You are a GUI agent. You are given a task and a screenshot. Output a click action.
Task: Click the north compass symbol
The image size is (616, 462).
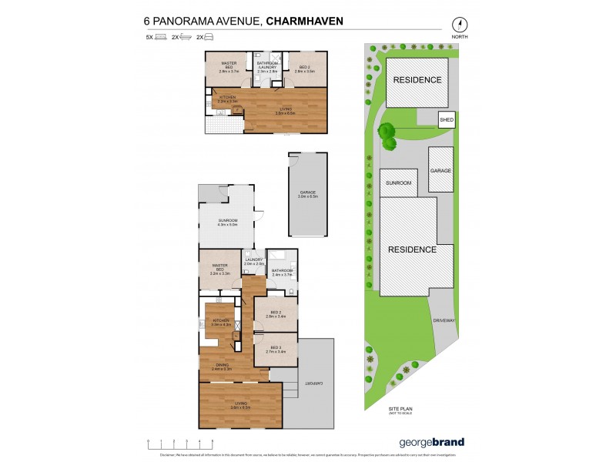tap(460, 24)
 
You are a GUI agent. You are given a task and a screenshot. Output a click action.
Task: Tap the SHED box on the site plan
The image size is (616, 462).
tap(447, 120)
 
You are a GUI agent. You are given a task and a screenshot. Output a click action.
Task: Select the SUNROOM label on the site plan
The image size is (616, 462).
tap(399, 182)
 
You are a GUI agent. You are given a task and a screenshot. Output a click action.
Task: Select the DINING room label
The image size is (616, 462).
tap(222, 367)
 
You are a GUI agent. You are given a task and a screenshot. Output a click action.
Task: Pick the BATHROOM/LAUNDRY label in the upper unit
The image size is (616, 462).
tap(267, 67)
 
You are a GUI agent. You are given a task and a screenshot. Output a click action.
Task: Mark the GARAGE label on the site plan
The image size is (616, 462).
tap(440, 170)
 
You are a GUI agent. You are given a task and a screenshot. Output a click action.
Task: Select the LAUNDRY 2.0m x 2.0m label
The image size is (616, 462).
tap(255, 263)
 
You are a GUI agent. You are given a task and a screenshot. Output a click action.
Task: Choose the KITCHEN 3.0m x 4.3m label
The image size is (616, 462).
tap(221, 322)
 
